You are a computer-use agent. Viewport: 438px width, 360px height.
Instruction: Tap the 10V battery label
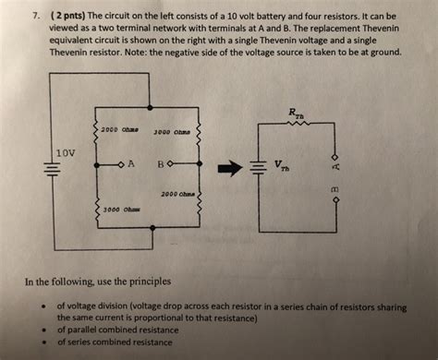(66, 151)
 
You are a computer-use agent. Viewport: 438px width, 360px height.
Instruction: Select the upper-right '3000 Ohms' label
(172, 131)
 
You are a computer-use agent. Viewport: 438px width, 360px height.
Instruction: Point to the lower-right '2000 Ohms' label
(177, 194)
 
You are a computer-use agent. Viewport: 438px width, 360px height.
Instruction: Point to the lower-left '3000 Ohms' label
(121, 210)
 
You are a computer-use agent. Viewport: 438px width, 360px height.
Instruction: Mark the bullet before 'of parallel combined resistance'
(43, 328)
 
